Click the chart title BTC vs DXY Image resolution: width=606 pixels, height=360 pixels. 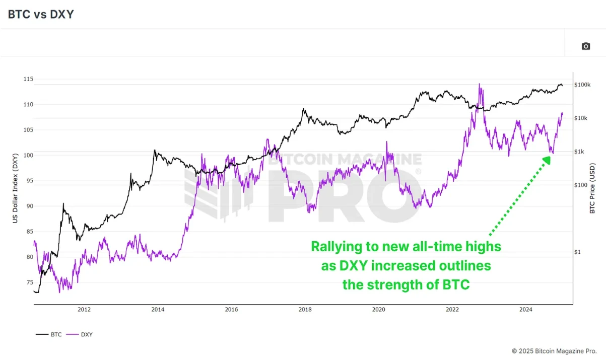click(41, 14)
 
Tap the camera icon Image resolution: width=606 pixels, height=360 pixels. click(585, 46)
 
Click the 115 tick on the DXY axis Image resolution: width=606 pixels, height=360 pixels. click(28, 80)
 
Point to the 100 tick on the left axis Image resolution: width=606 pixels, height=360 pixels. click(28, 156)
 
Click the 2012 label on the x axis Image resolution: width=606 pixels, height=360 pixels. click(84, 310)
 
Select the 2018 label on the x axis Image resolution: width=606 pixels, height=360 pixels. click(305, 310)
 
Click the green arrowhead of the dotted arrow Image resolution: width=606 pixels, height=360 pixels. click(546, 160)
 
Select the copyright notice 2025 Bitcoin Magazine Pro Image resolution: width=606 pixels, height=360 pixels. click(554, 350)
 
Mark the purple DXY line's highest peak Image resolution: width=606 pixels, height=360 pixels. click(479, 84)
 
